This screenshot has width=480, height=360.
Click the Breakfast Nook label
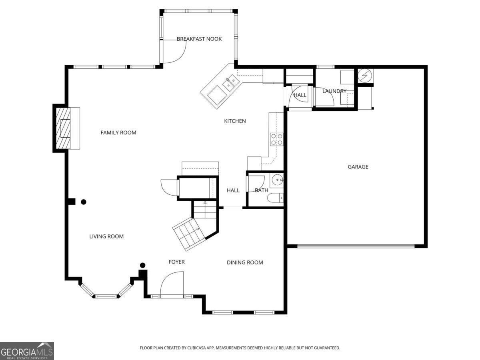199,39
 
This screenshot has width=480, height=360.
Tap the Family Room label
118,132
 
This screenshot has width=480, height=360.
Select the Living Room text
106,236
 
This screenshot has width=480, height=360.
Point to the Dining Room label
245,262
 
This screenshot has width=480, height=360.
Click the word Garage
358,167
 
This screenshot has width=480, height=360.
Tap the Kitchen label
235,121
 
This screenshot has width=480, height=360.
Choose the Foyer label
176,262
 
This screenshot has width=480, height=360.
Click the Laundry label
334,91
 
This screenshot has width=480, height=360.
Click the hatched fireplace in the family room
63,128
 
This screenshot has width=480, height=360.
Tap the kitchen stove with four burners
277,140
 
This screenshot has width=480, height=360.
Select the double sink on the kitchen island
230,83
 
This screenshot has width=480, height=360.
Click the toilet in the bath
275,198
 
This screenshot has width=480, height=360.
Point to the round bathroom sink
277,180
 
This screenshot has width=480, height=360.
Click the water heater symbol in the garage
365,76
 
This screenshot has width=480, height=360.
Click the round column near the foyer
142,265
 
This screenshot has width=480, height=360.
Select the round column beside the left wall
84,202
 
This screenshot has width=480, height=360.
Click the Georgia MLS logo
27,351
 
